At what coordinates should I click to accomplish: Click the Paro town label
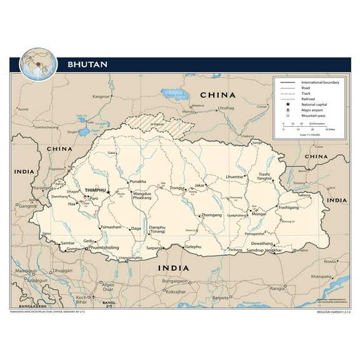click(94, 199)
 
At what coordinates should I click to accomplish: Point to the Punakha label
click(137, 182)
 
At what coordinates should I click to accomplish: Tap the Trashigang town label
click(292, 207)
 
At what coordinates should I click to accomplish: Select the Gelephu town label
click(194, 247)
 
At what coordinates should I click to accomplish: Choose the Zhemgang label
click(211, 215)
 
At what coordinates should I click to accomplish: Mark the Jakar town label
click(200, 186)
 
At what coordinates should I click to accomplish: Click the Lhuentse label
click(234, 177)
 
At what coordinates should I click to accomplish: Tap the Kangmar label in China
click(101, 97)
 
